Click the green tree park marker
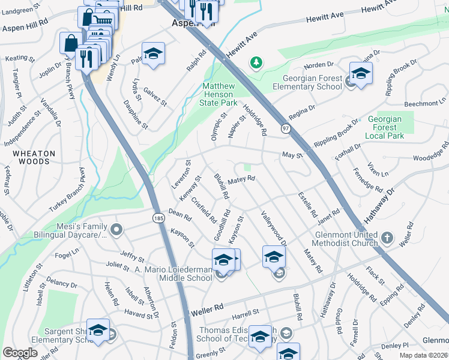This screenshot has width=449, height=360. tap(256, 62)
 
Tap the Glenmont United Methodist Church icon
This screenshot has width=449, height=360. tap(387, 236)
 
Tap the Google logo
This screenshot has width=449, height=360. tap(20, 353)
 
